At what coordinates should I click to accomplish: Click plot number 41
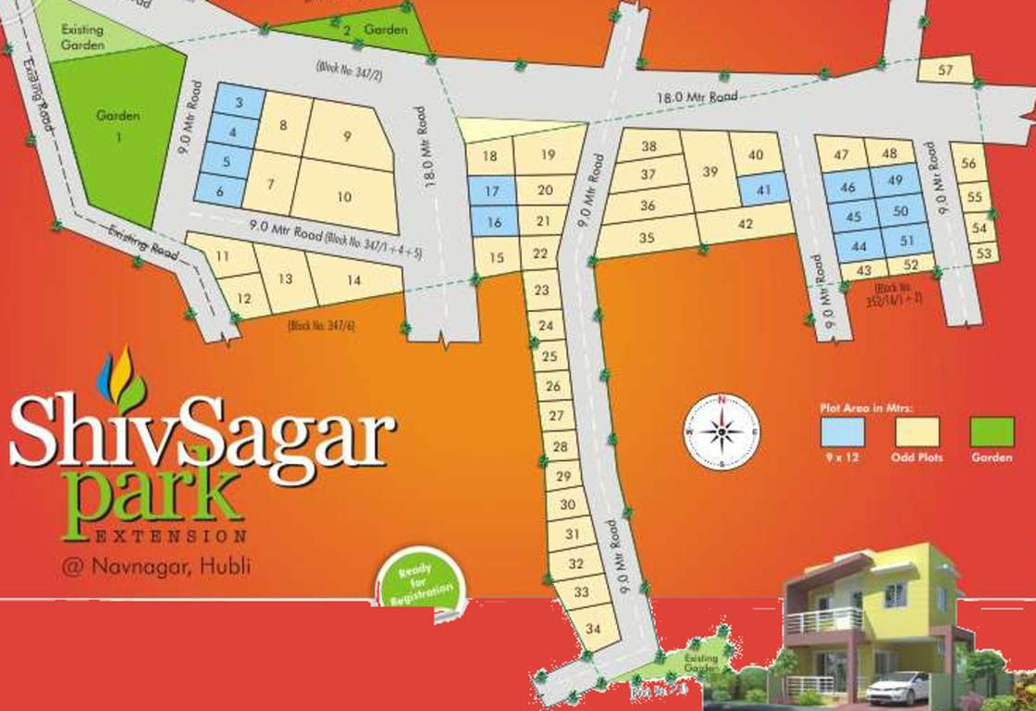(763, 189)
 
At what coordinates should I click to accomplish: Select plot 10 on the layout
(344, 197)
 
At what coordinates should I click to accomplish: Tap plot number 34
(594, 630)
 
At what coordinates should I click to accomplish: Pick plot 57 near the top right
(944, 69)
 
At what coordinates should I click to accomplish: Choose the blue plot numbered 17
(492, 191)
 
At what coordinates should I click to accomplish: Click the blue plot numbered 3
(238, 102)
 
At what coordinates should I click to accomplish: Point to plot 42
(746, 224)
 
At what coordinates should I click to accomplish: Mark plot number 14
(353, 280)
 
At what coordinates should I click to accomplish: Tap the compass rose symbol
(721, 431)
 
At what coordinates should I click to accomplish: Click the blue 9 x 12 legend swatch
(842, 432)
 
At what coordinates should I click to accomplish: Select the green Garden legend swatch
(992, 432)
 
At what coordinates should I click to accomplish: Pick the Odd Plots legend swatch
(917, 432)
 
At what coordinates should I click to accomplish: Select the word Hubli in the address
(228, 567)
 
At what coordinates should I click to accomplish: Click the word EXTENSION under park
(171, 536)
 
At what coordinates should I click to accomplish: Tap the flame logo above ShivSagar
(120, 378)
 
